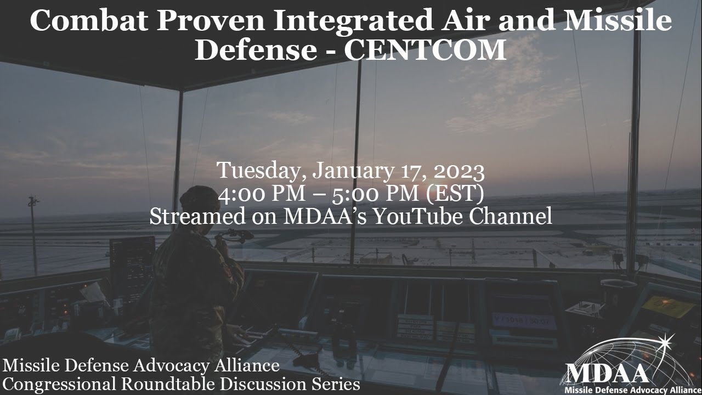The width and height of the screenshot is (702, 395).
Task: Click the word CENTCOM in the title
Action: [x=425, y=50]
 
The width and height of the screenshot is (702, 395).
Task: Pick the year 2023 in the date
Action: [x=458, y=171]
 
